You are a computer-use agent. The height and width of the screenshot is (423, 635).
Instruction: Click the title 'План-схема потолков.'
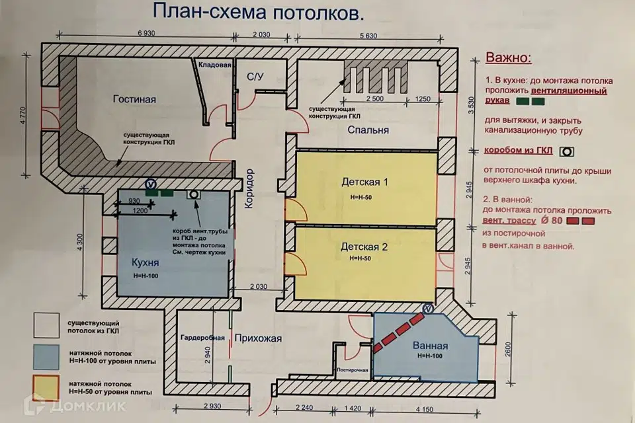point(258,12)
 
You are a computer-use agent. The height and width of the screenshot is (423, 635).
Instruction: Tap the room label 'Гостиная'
point(134,100)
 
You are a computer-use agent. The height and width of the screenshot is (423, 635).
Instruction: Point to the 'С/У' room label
point(255,77)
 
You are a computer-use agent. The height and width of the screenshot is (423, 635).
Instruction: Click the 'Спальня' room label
point(367,130)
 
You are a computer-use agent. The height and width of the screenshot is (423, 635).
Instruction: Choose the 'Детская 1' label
point(363,181)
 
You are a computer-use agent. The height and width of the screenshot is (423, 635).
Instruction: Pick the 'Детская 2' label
point(363,247)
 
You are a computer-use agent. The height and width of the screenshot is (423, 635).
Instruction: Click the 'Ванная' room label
point(430,346)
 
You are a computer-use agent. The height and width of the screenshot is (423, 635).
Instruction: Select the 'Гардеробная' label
point(203,338)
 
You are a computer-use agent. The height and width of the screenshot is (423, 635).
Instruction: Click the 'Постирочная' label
point(352,369)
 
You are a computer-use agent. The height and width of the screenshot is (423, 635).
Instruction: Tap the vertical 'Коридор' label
point(249,188)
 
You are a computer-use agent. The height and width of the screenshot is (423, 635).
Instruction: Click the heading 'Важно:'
point(508,58)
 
